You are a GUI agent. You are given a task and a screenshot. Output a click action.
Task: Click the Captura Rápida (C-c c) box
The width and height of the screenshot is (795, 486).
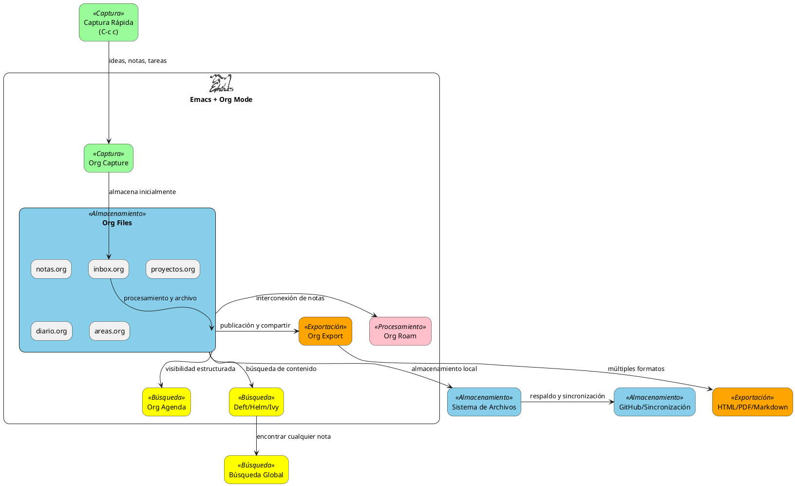coord(108,22)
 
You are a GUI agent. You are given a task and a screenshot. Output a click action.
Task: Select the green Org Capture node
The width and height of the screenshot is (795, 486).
coord(108,158)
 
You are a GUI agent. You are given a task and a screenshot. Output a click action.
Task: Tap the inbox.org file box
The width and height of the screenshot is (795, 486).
coord(108,269)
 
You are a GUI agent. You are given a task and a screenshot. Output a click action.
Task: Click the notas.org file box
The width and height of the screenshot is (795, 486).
coord(51,269)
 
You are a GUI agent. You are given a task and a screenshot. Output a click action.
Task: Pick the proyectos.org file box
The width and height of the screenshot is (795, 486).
coord(172,269)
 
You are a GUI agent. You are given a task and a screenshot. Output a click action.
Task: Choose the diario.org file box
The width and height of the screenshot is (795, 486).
coord(51,331)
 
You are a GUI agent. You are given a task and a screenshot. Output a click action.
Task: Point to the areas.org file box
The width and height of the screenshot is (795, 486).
coord(109,331)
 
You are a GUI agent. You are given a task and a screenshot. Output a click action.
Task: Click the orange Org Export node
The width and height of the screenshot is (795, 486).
coord(325,331)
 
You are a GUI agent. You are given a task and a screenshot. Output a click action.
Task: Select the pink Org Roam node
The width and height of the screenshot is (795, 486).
coord(400,331)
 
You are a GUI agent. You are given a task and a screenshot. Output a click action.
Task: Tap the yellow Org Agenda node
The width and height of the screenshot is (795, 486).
coord(166,402)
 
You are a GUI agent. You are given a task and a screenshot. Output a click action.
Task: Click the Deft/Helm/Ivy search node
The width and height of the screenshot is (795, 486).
coord(256,402)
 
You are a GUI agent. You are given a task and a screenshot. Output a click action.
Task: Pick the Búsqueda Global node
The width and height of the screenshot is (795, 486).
coord(256,470)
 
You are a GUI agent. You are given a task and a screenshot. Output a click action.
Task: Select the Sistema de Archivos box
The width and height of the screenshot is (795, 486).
coord(484,402)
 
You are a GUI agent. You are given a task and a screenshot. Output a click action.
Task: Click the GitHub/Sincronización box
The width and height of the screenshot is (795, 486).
coord(654,402)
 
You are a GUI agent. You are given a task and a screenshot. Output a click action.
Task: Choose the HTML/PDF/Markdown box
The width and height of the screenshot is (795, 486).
coord(752,402)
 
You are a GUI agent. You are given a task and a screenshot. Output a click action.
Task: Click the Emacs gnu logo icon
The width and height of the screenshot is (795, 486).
coord(221,83)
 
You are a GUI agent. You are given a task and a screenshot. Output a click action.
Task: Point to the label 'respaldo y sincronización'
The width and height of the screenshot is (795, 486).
coord(567,396)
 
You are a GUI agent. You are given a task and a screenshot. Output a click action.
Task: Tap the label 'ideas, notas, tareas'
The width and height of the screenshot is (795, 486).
coord(138,61)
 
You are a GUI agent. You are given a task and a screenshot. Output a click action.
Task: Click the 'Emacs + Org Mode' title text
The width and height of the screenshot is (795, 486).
coord(221,99)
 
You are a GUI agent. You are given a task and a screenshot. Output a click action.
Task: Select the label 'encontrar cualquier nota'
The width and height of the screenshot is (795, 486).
coord(294,436)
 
